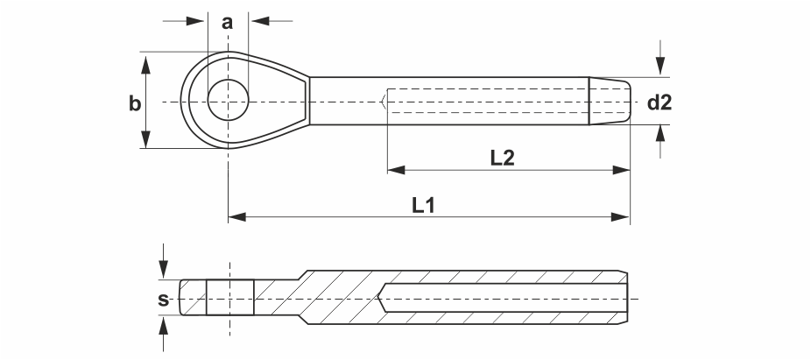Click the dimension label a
(227, 23)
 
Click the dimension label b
(135, 103)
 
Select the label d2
(659, 103)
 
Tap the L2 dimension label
(502, 158)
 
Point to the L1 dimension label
(424, 205)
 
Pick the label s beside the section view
(164, 300)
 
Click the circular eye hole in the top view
(228, 101)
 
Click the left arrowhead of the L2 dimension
(396, 170)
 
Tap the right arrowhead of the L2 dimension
(621, 170)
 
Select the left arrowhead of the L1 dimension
(236, 216)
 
